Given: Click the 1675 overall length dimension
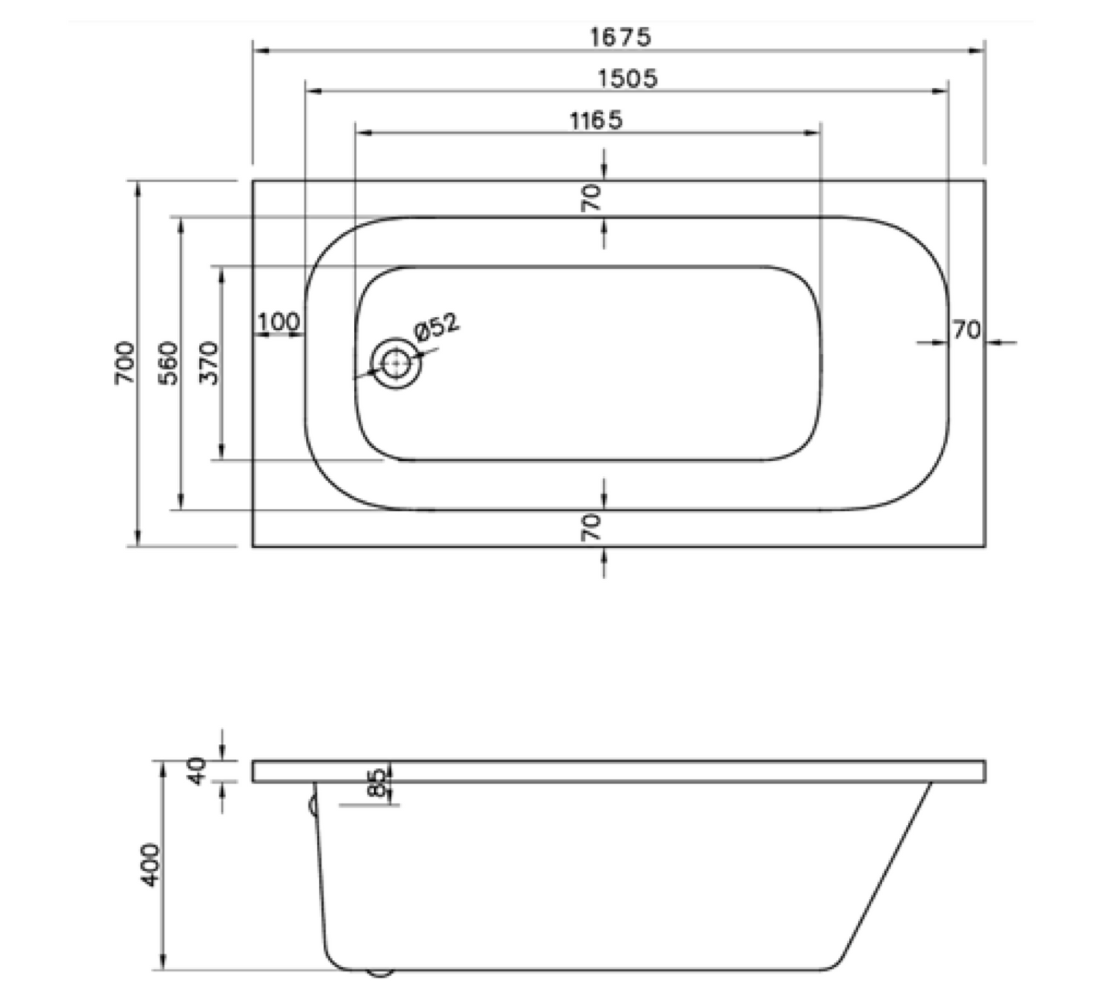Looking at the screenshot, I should coord(621,37).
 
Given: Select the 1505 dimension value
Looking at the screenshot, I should coord(628,78).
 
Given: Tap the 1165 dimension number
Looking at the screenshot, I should coord(595,120).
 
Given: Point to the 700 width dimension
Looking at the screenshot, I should coord(125,363).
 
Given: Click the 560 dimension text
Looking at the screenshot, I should coord(168,363).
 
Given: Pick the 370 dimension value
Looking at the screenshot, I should coord(209,363).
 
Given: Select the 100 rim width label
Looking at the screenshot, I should coord(278,321).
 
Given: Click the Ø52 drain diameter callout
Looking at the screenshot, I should coord(436,327).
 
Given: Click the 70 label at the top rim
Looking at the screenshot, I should coord(591,198).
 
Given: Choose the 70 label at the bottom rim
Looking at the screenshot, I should coord(591,528).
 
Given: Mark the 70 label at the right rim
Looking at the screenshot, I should coord(966,330).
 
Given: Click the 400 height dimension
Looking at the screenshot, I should coord(151,864).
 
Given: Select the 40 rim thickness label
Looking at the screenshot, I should coord(198,770).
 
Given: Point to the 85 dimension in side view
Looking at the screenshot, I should coord(377,783).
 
